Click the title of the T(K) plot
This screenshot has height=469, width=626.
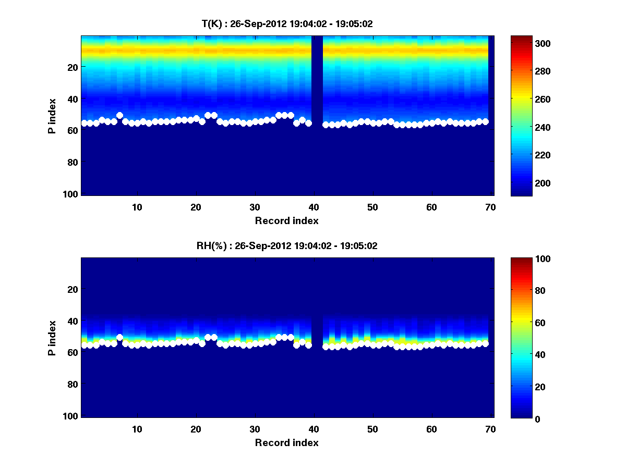click(x=287, y=24)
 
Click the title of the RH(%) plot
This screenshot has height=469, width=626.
click(x=287, y=246)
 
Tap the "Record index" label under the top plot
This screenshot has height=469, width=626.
click(x=287, y=220)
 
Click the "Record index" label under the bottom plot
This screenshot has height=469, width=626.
click(x=287, y=442)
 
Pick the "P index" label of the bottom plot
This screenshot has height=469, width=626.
click(x=52, y=338)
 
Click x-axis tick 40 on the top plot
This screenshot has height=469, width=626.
click(x=314, y=207)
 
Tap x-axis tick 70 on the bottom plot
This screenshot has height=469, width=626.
click(x=490, y=429)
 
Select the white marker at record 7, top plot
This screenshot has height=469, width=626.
click(x=119, y=116)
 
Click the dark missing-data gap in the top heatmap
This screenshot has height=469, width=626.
click(x=317, y=78)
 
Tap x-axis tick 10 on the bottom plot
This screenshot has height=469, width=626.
click(x=137, y=429)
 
